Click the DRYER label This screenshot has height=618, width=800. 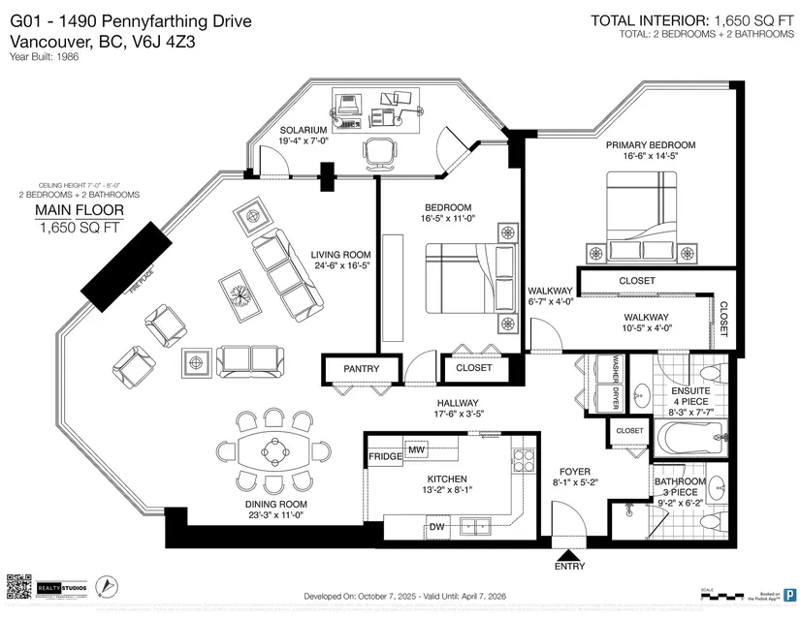click(613, 397)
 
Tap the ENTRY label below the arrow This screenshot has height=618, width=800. click(569, 567)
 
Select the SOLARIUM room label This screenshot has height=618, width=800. click(303, 130)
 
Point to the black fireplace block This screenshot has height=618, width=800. click(129, 264)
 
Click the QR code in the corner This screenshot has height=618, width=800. click(18, 588)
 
